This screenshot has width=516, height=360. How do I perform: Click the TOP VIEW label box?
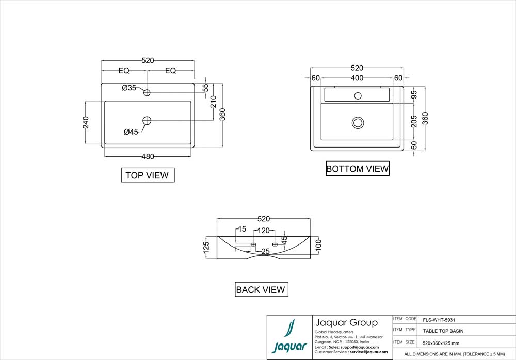click(x=148, y=175)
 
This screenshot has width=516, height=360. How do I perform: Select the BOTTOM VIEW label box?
click(x=357, y=169)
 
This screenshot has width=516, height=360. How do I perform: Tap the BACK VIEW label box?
click(x=261, y=289)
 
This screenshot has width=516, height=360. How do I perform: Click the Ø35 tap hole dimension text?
click(x=129, y=88)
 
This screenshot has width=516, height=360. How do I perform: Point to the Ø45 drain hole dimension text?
click(x=131, y=132)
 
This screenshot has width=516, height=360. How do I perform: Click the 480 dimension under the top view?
click(x=148, y=156)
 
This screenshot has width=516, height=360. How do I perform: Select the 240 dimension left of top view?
click(x=86, y=122)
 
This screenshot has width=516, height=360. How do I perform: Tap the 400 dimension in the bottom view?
click(x=357, y=78)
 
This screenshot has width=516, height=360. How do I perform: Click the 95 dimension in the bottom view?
click(x=414, y=95)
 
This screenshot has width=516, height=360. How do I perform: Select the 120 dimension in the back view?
click(x=264, y=230)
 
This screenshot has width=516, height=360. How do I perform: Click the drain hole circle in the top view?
click(x=147, y=120)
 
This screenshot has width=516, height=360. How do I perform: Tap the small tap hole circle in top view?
click(x=147, y=93)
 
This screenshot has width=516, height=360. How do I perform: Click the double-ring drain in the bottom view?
click(x=357, y=122)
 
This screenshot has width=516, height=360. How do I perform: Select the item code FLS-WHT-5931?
click(x=439, y=320)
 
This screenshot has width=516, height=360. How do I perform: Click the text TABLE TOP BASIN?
click(x=443, y=331)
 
